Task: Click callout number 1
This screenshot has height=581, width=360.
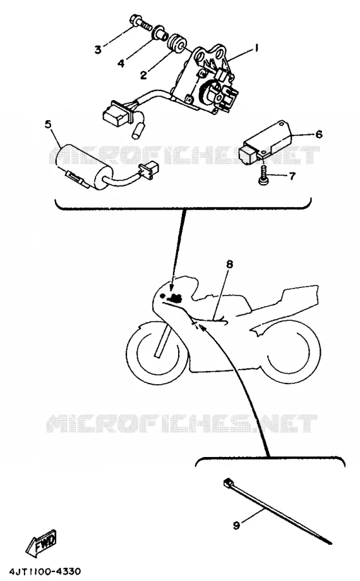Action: (x=255, y=48)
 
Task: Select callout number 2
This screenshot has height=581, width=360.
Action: (x=143, y=75)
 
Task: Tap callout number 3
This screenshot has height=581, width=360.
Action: (x=98, y=49)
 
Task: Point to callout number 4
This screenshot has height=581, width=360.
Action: (x=121, y=63)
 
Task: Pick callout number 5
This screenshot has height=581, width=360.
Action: (x=48, y=125)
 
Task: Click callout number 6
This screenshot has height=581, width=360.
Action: (x=319, y=134)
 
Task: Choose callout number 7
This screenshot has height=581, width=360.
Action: (x=292, y=176)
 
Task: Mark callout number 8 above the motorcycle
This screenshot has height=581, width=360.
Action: (x=230, y=264)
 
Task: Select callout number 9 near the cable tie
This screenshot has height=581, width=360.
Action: (x=237, y=525)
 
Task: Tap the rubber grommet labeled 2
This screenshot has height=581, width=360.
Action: (x=177, y=44)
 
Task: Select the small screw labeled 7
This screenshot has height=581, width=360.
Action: (x=264, y=174)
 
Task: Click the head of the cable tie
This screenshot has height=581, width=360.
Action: (x=227, y=482)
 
